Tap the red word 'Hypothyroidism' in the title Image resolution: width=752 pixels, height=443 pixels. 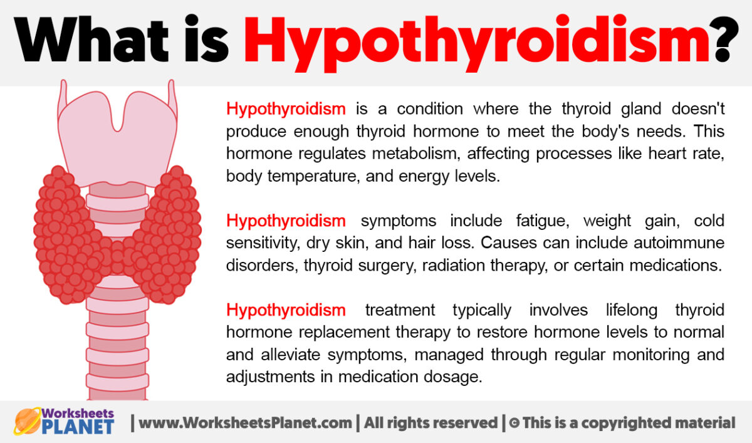(x=477, y=42)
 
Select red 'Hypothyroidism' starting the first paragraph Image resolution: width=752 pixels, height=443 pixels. (x=286, y=109)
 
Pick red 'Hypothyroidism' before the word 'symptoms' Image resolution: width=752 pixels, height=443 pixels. (x=286, y=221)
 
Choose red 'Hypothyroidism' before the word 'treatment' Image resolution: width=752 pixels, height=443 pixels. (x=286, y=310)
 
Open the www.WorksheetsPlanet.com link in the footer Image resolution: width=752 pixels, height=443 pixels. (x=245, y=423)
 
